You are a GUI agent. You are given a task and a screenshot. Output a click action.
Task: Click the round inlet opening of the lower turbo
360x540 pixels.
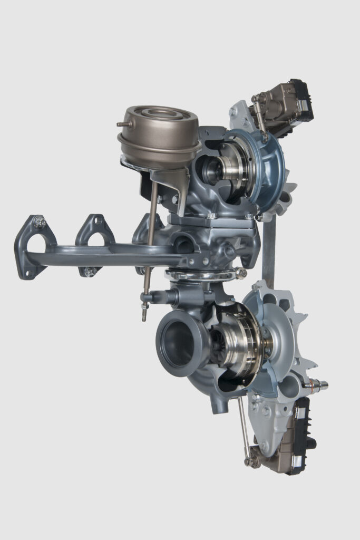point(176,345)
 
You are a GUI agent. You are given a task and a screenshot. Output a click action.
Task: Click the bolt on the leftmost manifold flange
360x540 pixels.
point(40,222)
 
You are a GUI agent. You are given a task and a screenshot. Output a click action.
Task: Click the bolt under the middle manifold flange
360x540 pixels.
point(90,272)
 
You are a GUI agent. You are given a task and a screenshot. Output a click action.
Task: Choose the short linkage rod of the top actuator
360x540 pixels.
point(259,119)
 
